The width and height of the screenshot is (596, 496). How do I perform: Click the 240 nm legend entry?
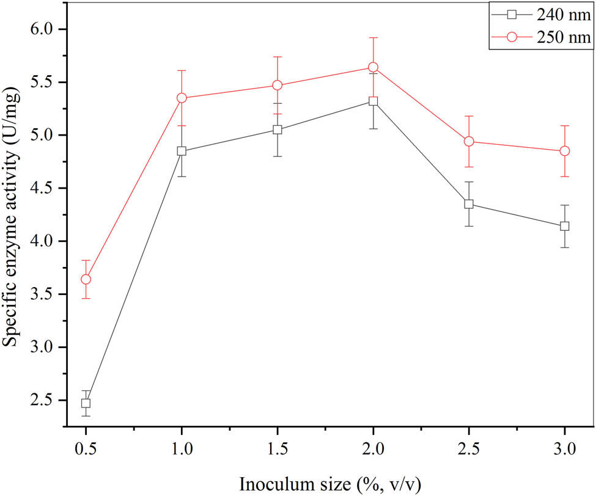tap(539, 15)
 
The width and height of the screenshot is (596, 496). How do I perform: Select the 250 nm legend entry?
tap(539, 37)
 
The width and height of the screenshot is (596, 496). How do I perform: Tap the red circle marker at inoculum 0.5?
tap(86, 279)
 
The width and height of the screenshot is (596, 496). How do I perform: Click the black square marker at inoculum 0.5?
tap(86, 403)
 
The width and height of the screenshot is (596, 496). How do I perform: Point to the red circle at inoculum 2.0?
tap(373, 67)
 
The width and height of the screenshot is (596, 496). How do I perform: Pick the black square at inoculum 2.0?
tap(373, 101)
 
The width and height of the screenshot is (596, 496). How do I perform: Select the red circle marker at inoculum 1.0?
tap(182, 98)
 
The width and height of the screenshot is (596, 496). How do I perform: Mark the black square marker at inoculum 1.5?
tap(278, 129)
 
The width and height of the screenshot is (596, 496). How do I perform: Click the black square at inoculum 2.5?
tap(469, 204)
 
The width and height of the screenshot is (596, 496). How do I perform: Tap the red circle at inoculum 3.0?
tap(564, 151)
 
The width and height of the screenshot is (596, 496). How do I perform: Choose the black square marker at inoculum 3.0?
tap(564, 226)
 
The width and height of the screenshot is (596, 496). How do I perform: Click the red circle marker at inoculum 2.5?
tap(469, 142)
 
